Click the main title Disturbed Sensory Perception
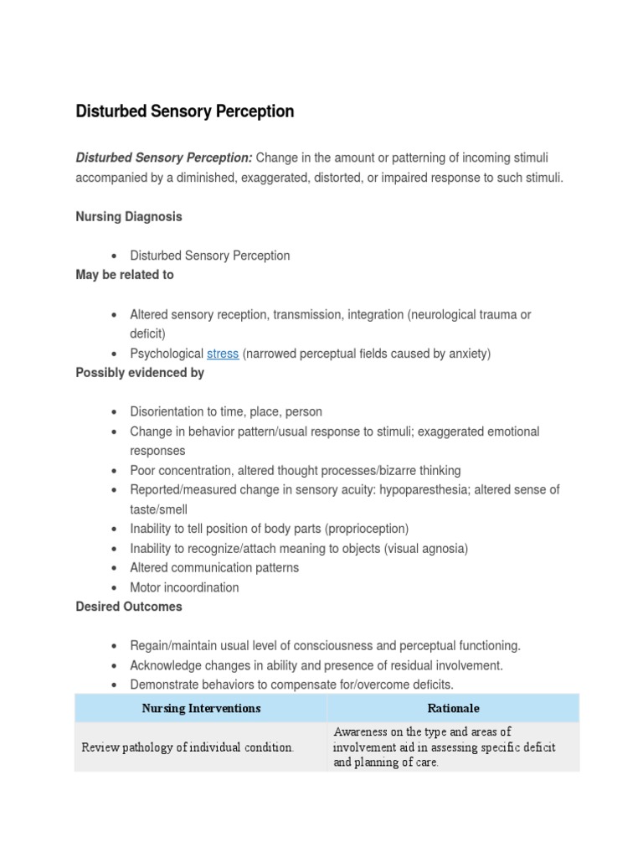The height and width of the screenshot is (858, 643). (185, 111)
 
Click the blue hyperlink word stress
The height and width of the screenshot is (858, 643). (223, 354)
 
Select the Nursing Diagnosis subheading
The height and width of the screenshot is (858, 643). (129, 216)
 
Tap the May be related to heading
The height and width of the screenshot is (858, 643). (125, 275)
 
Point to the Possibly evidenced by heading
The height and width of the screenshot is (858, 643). (140, 373)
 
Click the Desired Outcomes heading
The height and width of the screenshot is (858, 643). (129, 607)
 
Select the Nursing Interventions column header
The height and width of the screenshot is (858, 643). (201, 708)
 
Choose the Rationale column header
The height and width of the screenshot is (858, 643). (453, 708)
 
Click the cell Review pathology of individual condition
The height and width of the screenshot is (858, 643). (188, 747)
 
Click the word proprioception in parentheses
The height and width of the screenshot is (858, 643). (367, 529)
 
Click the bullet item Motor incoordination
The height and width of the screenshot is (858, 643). (184, 587)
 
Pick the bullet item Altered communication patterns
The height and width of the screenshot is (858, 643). (214, 567)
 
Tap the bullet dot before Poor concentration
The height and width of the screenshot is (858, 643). (113, 471)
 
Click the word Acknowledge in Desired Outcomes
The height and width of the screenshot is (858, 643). (166, 665)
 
